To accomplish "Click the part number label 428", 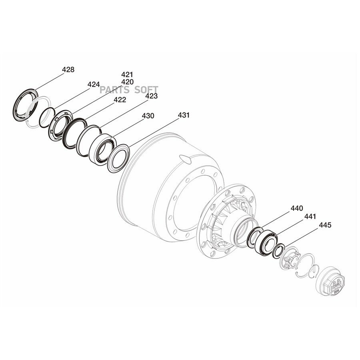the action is point(68,70).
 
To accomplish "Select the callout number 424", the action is point(94,84).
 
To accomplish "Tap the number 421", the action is point(127,75).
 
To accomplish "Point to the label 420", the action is point(128,82).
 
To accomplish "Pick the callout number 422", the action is point(120,100).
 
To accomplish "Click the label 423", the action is point(152,96).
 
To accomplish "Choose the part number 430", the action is point(148,116).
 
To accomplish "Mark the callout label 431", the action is point(184,115).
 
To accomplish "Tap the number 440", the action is point(297,208).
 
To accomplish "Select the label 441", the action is point(310,216).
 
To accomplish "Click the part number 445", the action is point(325,225).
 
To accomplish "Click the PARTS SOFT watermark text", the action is point(129,90).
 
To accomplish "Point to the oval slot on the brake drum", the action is point(185,159).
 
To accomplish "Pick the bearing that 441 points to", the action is point(266,243).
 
